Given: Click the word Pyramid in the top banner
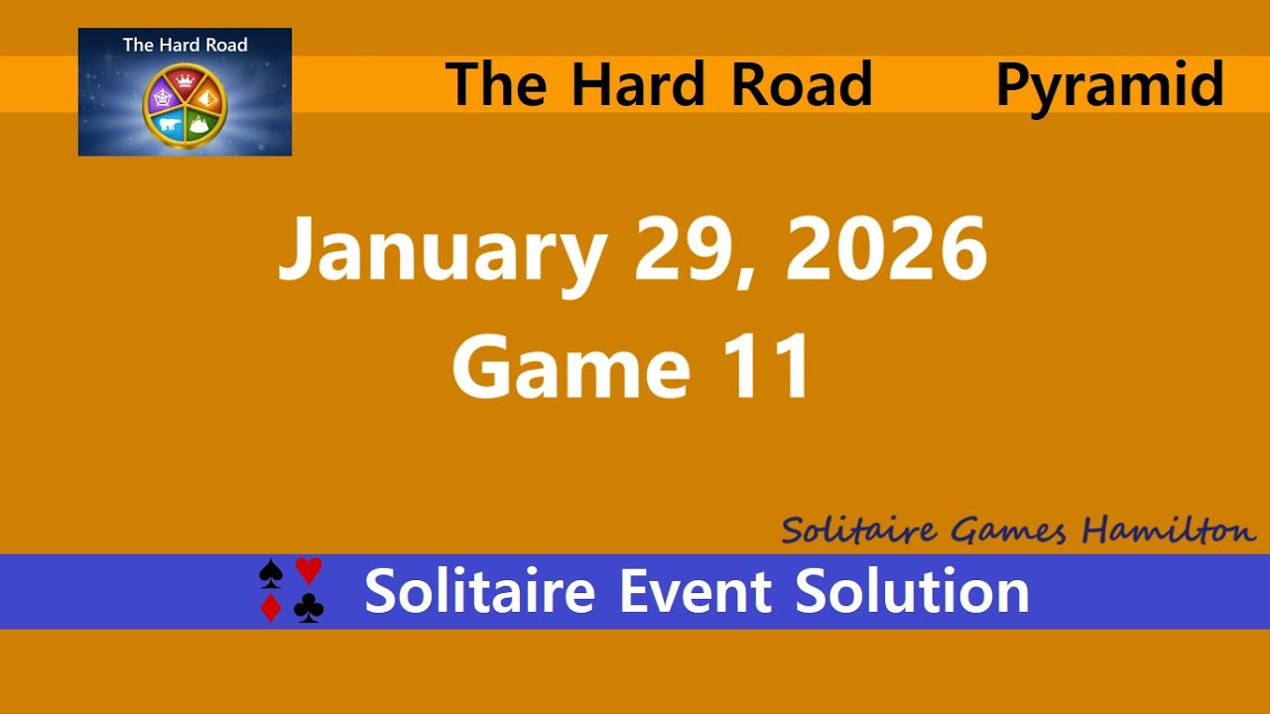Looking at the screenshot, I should [x=1109, y=85].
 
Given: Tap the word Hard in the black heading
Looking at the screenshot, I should [x=638, y=84].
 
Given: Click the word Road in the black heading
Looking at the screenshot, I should [x=802, y=84].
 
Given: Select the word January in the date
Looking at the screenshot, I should [x=442, y=252].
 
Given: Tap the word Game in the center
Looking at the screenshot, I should [x=571, y=366].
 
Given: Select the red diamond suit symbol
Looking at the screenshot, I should [x=270, y=608].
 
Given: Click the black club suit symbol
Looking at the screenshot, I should [x=309, y=608].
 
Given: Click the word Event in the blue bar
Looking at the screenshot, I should [x=696, y=591].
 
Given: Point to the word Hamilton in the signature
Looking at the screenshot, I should [x=1169, y=531].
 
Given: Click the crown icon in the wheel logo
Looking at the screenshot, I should [x=185, y=79].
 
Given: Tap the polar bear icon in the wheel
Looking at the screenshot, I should [x=168, y=124].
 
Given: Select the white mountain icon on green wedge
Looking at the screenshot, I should [x=202, y=124].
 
